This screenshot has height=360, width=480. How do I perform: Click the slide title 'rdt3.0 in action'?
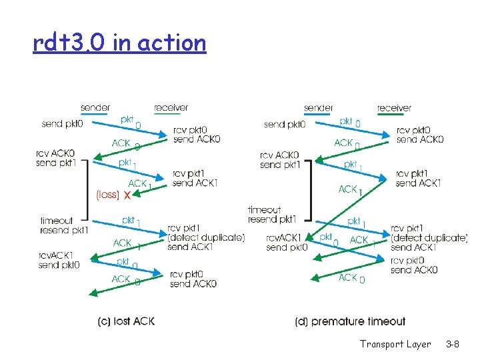[x=119, y=43]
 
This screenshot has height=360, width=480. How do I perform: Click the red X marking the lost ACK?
[x=126, y=194]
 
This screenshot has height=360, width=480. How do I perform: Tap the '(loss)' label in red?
[x=107, y=195]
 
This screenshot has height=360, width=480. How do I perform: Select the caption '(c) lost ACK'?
[x=126, y=321]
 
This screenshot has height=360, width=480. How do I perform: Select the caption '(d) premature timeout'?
[x=350, y=321]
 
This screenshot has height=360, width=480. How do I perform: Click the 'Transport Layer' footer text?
[x=395, y=344]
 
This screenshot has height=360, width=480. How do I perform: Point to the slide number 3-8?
[x=452, y=344]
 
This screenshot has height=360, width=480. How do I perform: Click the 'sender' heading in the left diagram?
[x=95, y=107]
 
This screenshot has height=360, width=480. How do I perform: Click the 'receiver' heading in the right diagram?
[x=394, y=107]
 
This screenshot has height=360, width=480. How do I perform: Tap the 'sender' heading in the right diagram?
[x=319, y=107]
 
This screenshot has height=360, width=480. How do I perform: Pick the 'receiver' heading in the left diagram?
[x=171, y=107]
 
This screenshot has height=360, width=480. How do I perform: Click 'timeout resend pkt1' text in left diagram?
[x=64, y=225]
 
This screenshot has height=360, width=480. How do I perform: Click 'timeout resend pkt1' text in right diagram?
[x=272, y=214]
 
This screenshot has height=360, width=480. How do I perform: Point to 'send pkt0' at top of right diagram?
[x=284, y=123]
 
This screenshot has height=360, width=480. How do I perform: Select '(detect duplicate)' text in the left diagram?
[x=207, y=238]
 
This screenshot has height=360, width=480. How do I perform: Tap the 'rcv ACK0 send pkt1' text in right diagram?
[x=280, y=160]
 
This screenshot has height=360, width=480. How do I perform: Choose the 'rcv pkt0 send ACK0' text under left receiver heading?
[x=196, y=135]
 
